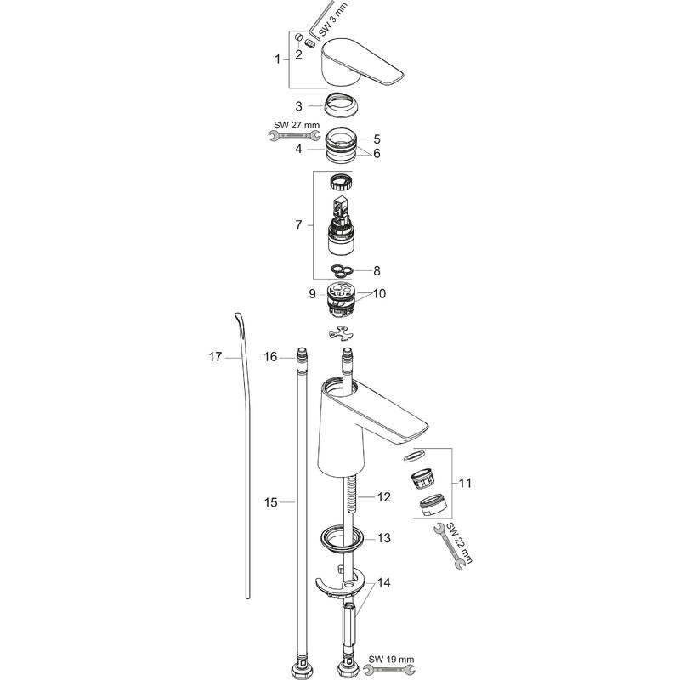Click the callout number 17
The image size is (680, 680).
[x=215, y=357]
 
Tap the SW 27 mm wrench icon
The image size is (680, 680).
[x=293, y=137]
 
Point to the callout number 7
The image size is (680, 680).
[x=298, y=225]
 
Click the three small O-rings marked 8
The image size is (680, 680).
[x=341, y=270]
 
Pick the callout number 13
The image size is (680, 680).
[x=384, y=538]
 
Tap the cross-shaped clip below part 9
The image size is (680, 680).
[x=341, y=333]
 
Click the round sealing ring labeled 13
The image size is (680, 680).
[x=343, y=539]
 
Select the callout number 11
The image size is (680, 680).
[x=465, y=483]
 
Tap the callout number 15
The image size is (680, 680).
[x=270, y=502]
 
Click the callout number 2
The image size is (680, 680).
[x=299, y=54]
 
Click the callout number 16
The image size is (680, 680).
[x=270, y=357]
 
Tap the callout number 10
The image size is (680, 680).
[x=378, y=293]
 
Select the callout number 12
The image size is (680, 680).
[x=384, y=497]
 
